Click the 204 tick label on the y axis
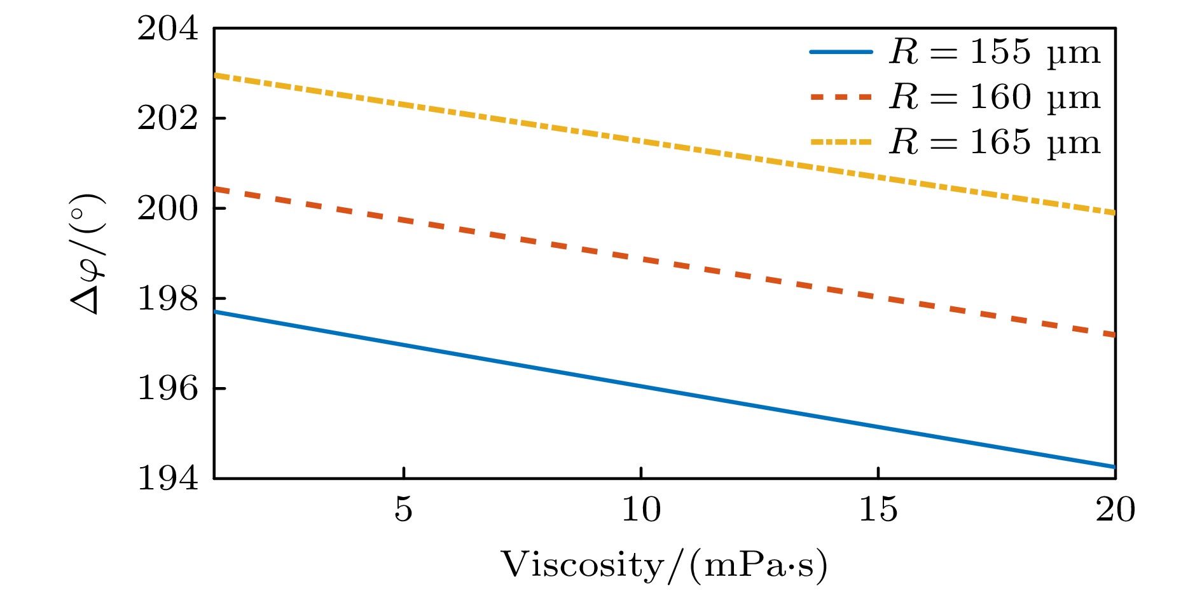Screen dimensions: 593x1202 point(168,29)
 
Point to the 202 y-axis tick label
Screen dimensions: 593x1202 point(168,119)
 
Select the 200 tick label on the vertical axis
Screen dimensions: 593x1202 point(168,208)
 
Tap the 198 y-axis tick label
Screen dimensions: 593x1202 point(168,299)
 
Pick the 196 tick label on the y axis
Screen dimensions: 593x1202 point(168,388)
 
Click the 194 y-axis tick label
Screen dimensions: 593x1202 point(168,478)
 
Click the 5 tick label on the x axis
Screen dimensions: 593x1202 point(403,510)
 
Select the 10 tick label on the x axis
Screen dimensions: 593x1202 point(640,510)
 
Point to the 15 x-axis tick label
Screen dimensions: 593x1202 point(878,510)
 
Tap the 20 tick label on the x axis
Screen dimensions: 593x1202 point(1115,510)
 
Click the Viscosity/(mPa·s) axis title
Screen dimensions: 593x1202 point(664,565)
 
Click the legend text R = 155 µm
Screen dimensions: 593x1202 point(994,51)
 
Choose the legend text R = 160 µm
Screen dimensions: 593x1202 point(994,97)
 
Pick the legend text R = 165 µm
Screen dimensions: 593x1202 point(994,142)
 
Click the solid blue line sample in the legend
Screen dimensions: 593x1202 point(841,51)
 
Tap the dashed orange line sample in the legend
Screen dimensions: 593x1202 point(841,97)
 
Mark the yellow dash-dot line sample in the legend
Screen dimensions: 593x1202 point(841,142)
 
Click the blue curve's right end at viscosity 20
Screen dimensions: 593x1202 point(1114,467)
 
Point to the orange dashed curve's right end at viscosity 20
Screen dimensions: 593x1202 point(1114,334)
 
